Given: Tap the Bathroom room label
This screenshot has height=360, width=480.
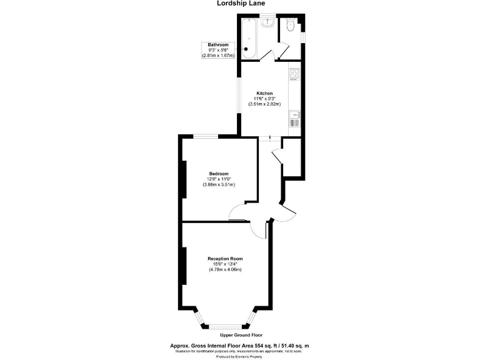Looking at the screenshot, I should coord(218,45).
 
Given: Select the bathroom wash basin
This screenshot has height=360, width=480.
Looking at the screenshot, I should coord(269,22).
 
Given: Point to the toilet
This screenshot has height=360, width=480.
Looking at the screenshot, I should coord(290,25).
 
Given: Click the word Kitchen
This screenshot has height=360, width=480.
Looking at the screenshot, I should coord(264,94).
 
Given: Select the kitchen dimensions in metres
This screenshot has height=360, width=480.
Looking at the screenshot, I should coord(264,104).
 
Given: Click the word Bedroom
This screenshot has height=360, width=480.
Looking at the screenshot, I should coord(219,174).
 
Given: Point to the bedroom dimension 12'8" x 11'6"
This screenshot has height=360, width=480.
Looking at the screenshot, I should coord(219,179).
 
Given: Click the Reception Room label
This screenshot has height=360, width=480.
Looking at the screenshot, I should coord(225,258).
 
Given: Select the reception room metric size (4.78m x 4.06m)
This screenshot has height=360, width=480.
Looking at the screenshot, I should coord(225,269).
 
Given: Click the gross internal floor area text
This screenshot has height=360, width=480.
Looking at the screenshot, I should coord(240,345).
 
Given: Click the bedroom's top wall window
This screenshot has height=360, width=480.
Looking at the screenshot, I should coord(205,136).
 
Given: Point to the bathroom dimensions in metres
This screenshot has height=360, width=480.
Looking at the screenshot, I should coord(218,56).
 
